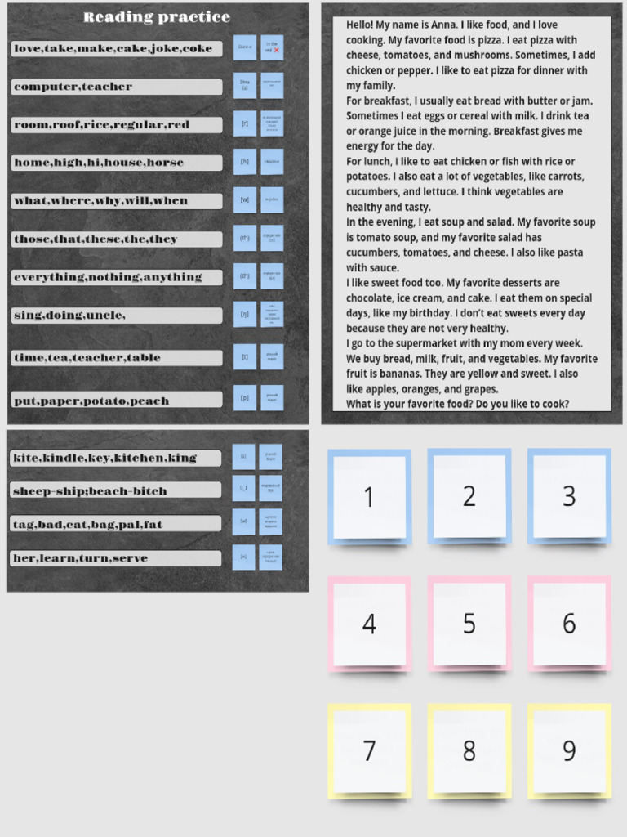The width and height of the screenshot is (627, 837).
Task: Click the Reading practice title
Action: pos(157,17)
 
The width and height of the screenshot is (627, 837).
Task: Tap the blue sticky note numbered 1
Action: pos(369,496)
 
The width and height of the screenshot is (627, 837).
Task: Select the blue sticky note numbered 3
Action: pos(569,496)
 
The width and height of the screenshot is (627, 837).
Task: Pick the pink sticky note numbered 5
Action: pos(469,624)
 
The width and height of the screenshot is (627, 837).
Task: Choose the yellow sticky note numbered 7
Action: pos(369,750)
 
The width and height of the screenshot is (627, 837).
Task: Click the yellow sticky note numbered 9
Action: pos(569,750)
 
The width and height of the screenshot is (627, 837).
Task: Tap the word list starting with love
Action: pos(117,49)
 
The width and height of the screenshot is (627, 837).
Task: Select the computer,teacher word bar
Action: pos(117,87)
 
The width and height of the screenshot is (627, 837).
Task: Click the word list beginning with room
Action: pos(117,125)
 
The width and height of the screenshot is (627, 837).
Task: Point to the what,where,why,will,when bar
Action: pos(117,200)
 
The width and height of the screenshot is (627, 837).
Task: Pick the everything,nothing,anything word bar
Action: pos(117,277)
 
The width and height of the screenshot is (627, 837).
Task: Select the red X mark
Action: pos(277,51)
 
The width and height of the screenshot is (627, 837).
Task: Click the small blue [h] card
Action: pos(244,162)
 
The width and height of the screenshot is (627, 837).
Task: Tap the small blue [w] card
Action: pos(244,199)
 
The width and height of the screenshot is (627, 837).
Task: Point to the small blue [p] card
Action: pos(244,397)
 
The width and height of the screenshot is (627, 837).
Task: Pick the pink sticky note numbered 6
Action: pos(569,624)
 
